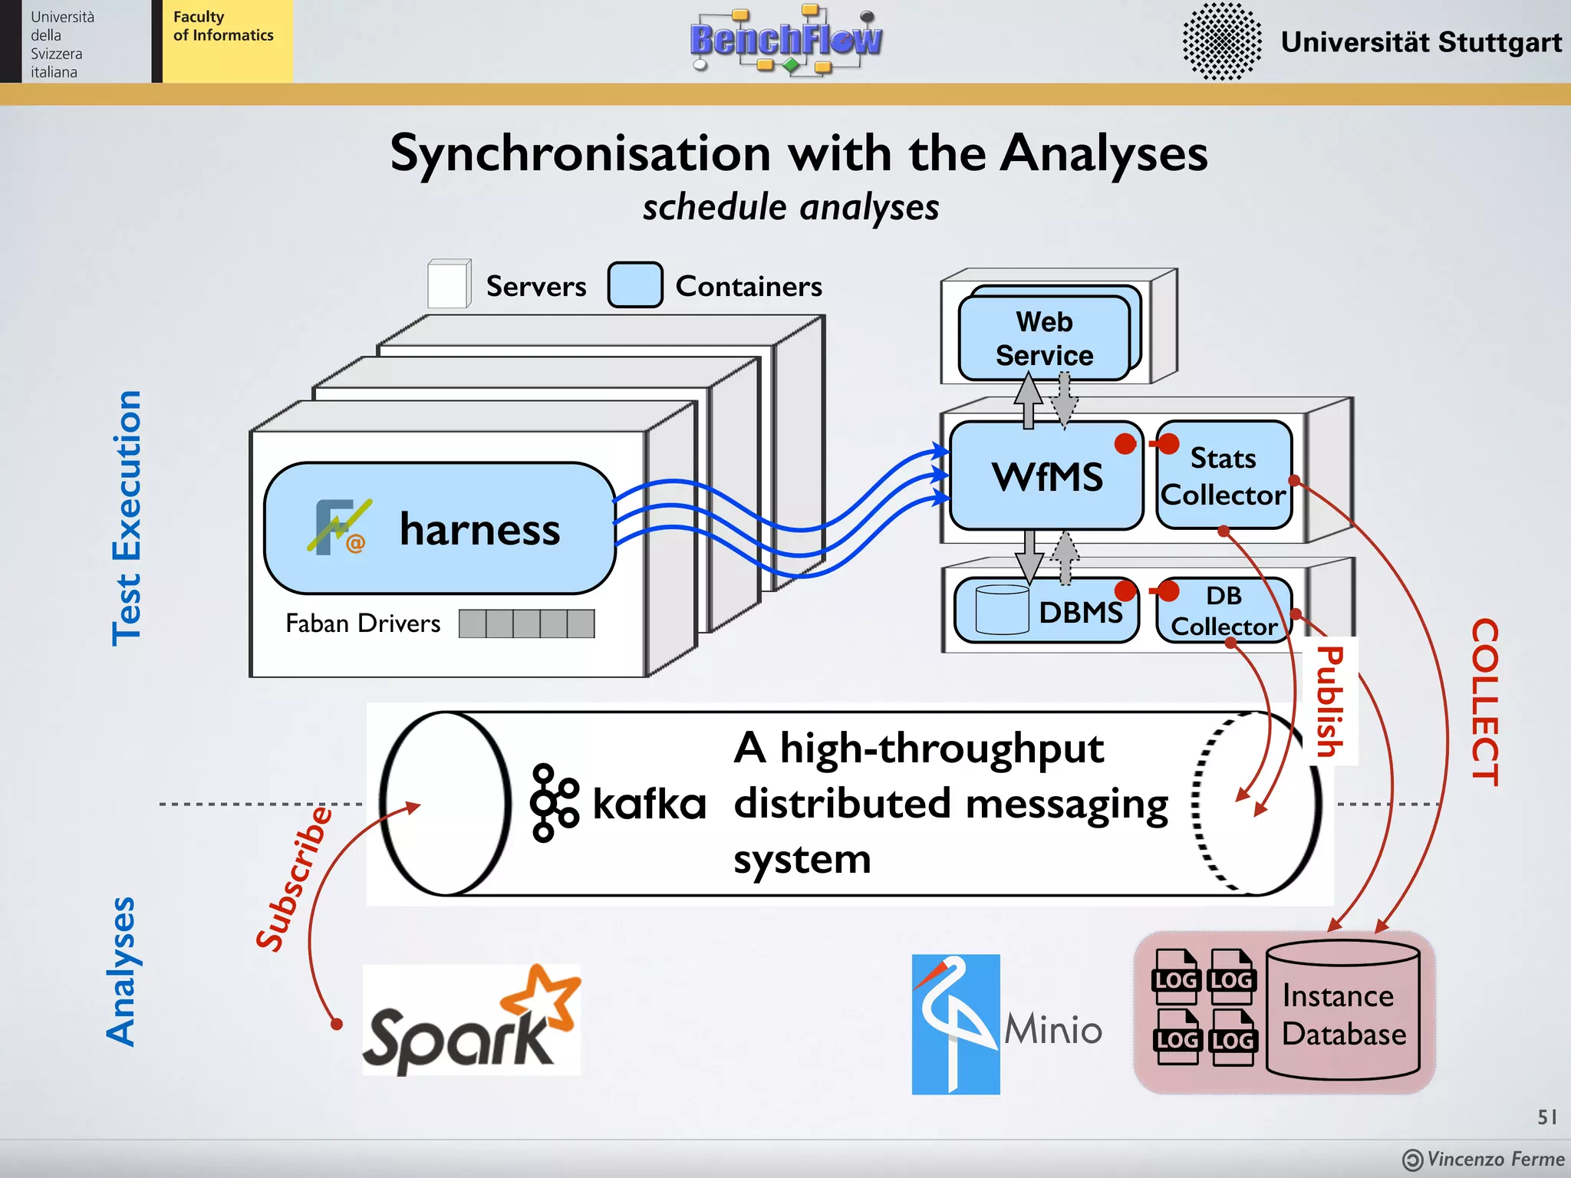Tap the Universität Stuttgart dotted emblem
pyautogui.click(x=1221, y=41)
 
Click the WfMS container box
pyautogui.click(x=1046, y=476)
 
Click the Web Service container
pyautogui.click(x=1044, y=338)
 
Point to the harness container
pyautogui.click(x=440, y=528)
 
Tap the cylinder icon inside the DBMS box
pyautogui.click(x=1002, y=610)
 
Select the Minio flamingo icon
pyautogui.click(x=955, y=1024)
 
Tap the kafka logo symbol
pyautogui.click(x=553, y=803)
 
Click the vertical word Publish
pyautogui.click(x=1330, y=701)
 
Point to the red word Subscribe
pyautogui.click(x=295, y=879)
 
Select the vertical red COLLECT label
pyautogui.click(x=1484, y=702)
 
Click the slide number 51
pyautogui.click(x=1546, y=1117)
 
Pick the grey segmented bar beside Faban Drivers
pyautogui.click(x=526, y=624)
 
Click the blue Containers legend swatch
pyautogui.click(x=635, y=285)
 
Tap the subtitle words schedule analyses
pyautogui.click(x=791, y=207)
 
